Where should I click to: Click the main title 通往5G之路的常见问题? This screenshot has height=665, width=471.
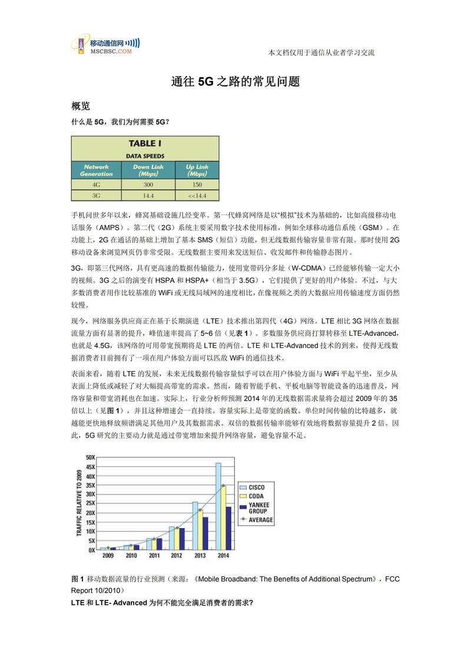(235, 82)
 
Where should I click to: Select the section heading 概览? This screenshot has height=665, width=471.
(81, 106)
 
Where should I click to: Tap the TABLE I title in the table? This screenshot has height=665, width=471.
(145, 143)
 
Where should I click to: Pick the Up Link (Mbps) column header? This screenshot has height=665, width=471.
(196, 171)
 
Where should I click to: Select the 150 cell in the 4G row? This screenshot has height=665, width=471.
(196, 184)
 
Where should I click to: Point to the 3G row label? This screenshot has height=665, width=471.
(96, 195)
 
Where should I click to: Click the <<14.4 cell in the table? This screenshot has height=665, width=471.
(196, 195)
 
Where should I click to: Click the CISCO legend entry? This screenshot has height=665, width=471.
(256, 487)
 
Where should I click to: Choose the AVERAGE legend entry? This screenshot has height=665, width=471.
(260, 520)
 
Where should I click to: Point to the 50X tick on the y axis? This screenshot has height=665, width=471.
(91, 457)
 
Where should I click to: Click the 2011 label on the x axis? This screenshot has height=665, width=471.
(154, 555)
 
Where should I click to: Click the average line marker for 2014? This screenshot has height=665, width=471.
(223, 486)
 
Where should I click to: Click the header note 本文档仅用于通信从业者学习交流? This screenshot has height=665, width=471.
(321, 53)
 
